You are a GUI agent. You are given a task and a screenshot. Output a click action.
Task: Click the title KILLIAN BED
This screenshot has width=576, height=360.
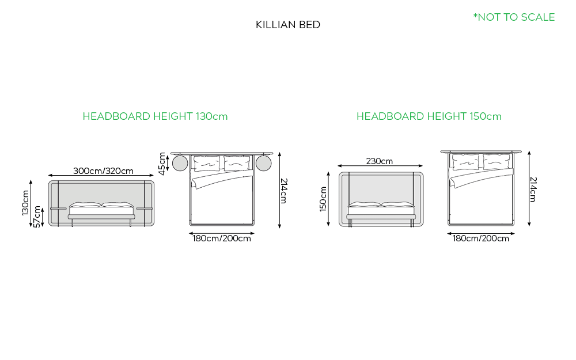287,25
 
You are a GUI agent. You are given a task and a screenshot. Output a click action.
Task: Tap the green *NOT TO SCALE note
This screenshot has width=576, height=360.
514,17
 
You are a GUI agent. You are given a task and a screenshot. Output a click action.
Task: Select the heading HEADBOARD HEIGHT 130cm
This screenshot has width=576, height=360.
155,116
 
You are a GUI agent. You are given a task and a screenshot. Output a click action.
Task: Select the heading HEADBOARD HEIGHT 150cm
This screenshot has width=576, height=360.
429,116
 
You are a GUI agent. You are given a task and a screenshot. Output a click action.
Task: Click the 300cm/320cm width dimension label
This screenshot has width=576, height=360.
103,171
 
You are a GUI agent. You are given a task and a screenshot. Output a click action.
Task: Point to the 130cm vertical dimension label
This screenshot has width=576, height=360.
25,203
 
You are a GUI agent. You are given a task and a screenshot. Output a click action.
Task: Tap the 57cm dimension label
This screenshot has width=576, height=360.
37,217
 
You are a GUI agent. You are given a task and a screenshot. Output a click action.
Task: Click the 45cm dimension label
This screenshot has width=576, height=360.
162,164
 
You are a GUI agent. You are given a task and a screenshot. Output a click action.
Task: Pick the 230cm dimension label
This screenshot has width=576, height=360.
380,161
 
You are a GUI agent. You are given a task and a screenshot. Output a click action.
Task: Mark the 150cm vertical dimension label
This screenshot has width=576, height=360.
323,199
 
